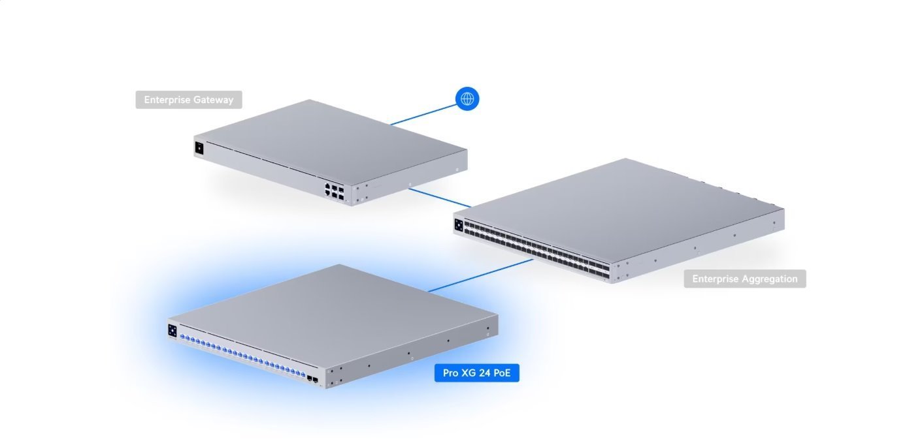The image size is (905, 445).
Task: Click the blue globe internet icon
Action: pos(467,99)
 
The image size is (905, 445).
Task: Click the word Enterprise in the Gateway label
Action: pos(167,100)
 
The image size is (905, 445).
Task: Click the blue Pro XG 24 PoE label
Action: pos(477,373)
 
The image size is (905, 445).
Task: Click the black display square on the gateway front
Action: pos(199,148)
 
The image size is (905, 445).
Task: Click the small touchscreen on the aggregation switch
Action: pos(459,225)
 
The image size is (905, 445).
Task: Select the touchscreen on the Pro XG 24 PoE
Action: pos(173,330)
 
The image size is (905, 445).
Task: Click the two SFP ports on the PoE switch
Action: pos(312,378)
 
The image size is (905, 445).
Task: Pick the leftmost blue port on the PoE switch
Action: pos(183,338)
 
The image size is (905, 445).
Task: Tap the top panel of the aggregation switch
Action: pos(621,202)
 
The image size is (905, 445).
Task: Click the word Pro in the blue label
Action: pos(450,373)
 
